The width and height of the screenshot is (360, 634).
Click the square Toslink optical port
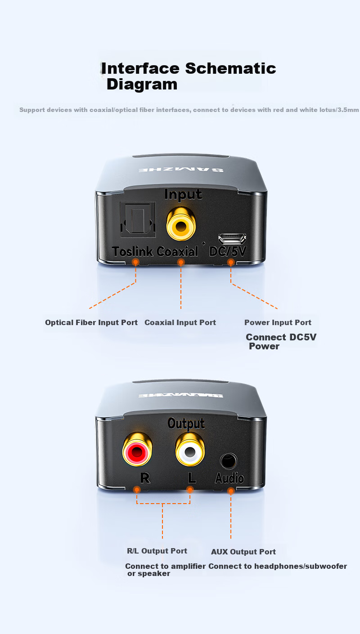pos(138,219)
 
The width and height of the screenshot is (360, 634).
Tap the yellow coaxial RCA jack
pos(181,223)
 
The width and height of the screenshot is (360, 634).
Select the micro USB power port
pos(232,239)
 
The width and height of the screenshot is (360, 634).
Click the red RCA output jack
pos(137,449)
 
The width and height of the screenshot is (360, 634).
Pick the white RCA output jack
pos(190,449)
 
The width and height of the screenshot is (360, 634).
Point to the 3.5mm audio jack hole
pos(228,461)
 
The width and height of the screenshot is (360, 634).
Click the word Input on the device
pos(183,195)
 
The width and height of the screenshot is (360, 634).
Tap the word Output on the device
pos(186,424)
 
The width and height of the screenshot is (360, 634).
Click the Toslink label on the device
pos(132,251)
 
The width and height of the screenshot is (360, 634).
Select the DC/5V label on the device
pos(228,251)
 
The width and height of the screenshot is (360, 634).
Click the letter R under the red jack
pos(145,478)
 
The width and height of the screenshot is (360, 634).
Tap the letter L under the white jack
pos(192,478)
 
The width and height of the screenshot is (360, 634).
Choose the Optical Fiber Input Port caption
pos(91,322)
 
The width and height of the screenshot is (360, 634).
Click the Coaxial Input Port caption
pos(180,322)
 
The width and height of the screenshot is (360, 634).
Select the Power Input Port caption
pos(278,322)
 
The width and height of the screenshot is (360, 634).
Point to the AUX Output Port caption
pos(243,552)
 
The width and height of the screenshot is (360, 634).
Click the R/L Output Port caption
pos(157,551)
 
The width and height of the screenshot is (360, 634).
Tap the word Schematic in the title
pos(230,68)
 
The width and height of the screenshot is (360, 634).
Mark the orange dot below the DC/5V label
pos(231,263)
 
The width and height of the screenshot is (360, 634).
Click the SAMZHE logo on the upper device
pos(181,170)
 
